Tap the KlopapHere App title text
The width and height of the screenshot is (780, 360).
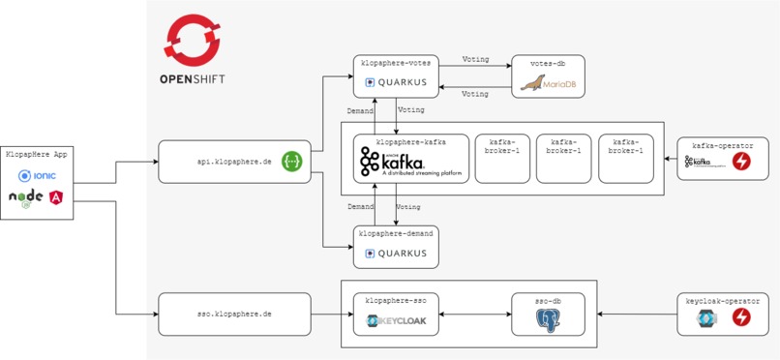click(x=37, y=155)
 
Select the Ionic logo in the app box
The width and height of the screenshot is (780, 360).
click(x=38, y=176)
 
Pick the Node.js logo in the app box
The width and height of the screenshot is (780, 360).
click(x=26, y=197)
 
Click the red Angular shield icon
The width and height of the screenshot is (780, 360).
click(x=56, y=197)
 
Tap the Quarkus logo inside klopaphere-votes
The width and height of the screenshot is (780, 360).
click(x=395, y=83)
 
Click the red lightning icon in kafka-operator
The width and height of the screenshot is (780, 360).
click(x=742, y=163)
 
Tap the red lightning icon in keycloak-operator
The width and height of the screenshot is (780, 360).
click(x=742, y=317)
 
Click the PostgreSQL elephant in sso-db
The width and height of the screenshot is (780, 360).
click(x=549, y=320)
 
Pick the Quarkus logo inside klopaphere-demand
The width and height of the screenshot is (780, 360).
click(x=395, y=254)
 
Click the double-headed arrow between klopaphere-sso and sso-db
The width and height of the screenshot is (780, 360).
click(x=475, y=315)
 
